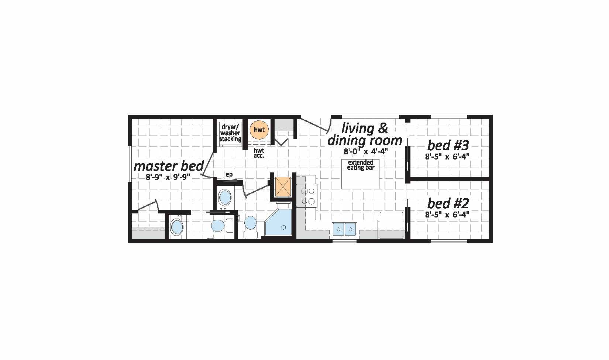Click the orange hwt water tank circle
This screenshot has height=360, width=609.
click(x=259, y=130)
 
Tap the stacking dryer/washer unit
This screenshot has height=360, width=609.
click(x=230, y=134)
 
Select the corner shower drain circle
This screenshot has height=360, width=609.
click(x=284, y=227)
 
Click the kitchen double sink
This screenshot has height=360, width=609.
click(x=345, y=229)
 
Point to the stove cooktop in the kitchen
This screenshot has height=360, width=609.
click(x=307, y=195)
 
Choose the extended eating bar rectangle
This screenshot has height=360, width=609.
click(x=361, y=174)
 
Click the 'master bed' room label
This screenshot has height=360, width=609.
click(x=169, y=166)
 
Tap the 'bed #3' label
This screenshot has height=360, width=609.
click(x=448, y=145)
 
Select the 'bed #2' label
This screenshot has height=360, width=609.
click(x=448, y=203)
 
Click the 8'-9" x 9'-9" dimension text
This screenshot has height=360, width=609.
click(x=168, y=177)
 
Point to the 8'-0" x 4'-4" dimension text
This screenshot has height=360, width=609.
click(x=366, y=151)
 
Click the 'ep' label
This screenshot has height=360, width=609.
click(x=229, y=175)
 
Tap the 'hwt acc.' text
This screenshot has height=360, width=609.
click(x=259, y=153)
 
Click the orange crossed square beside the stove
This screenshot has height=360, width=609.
click(x=283, y=186)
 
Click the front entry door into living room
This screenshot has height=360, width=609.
click(x=315, y=126)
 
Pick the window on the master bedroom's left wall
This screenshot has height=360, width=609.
click(x=130, y=164)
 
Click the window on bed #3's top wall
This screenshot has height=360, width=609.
click(x=449, y=117)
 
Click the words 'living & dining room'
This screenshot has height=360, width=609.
click(x=365, y=134)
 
